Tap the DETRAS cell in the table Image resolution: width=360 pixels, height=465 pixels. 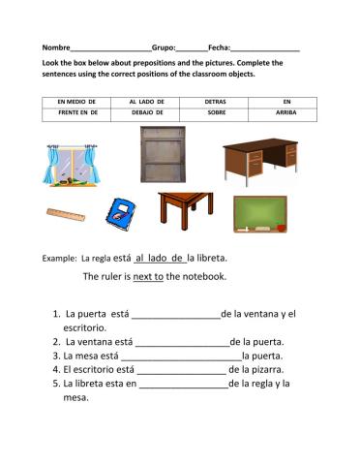[216, 101]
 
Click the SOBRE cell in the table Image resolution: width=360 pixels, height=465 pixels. [216, 113]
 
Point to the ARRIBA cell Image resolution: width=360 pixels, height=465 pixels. [285, 113]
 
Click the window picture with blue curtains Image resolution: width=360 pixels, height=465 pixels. [74, 162]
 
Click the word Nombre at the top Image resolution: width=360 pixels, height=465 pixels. [56, 47]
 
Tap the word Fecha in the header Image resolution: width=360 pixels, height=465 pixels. [219, 47]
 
